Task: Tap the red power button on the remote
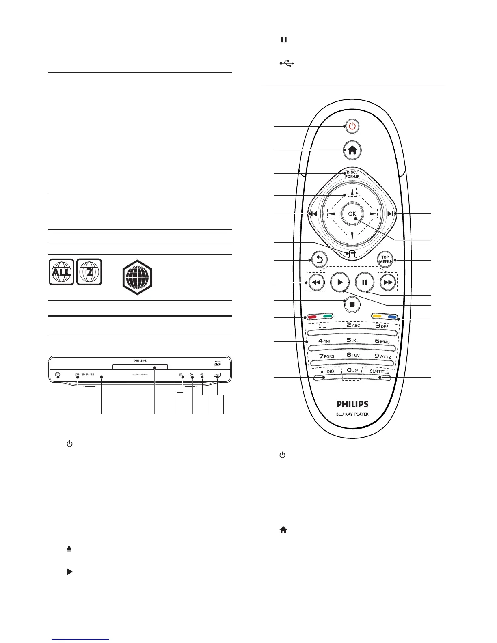352,126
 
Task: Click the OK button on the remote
352,214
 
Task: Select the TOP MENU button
385,259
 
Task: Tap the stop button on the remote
352,304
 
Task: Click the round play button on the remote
340,282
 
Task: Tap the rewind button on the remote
316,282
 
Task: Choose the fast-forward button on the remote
388,282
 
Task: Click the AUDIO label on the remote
327,371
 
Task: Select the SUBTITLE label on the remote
379,372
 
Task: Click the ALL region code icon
61,272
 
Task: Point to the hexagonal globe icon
137,278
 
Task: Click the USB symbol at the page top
286,63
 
